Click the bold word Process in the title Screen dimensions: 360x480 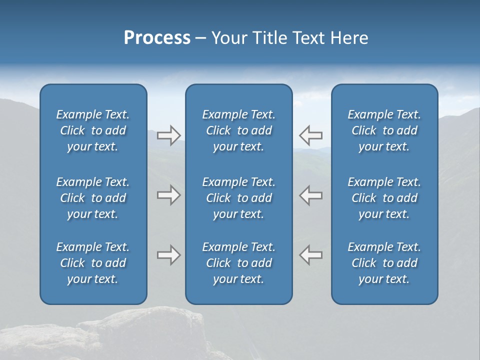(x=157, y=38)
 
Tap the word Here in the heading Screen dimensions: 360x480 (x=349, y=38)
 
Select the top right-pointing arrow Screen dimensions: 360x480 (x=168, y=135)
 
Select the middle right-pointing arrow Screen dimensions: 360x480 (x=168, y=195)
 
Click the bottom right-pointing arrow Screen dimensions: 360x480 (x=168, y=255)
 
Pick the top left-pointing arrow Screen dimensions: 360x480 (x=311, y=135)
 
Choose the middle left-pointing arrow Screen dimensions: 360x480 (x=311, y=195)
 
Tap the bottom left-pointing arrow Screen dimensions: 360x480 (x=311, y=255)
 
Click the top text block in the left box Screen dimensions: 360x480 (x=93, y=130)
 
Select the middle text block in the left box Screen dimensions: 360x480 (x=93, y=198)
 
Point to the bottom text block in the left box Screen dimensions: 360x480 (x=93, y=263)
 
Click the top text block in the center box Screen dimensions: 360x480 (x=238, y=130)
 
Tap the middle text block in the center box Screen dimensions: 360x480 (x=238, y=198)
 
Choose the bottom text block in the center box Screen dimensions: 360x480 (x=238, y=263)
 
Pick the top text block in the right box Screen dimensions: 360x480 (x=384, y=130)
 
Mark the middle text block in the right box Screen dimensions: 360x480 (x=384, y=198)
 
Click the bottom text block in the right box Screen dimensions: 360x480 (x=384, y=263)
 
